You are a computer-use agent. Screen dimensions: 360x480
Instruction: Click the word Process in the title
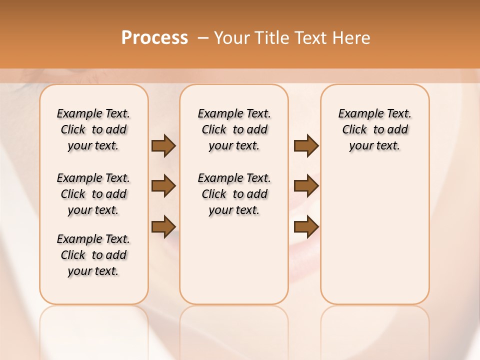[x=154, y=38]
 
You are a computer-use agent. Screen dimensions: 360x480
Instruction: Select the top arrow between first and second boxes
[x=163, y=146]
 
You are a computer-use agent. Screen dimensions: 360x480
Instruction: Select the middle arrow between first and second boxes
[x=163, y=186]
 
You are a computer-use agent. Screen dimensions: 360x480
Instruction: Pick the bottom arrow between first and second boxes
[x=163, y=227]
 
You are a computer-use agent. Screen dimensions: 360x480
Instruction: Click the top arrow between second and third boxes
[x=306, y=146]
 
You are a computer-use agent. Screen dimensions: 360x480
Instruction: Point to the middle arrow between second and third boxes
[x=306, y=186]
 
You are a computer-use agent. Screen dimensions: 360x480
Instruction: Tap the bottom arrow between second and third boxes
[x=306, y=227]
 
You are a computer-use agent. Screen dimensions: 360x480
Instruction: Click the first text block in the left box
[x=93, y=129]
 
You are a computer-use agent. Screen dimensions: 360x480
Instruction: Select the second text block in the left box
[x=93, y=194]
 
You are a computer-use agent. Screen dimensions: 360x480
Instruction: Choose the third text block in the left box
[x=93, y=255]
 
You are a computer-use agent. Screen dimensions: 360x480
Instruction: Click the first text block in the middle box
[x=234, y=129]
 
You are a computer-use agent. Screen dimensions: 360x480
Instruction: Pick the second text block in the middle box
[x=234, y=194]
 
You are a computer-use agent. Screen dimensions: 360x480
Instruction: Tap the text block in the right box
[x=375, y=129]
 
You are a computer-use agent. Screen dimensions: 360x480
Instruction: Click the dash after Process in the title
[x=203, y=38]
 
